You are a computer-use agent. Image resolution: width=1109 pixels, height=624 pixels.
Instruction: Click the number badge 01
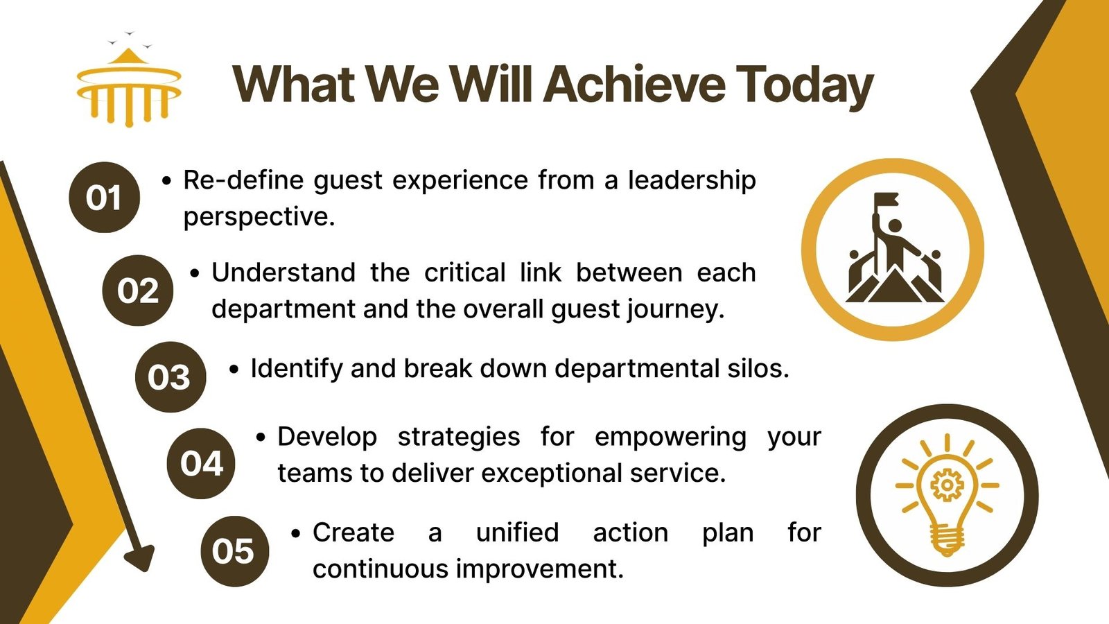[104, 197]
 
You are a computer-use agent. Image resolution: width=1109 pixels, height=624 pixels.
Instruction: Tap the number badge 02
[138, 291]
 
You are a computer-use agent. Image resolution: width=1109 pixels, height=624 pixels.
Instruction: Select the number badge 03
[171, 377]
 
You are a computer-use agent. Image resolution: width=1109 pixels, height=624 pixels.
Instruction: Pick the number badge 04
[201, 464]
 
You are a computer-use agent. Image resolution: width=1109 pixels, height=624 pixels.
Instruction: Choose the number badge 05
[235, 551]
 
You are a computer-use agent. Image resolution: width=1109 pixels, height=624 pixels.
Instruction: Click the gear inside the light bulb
[947, 485]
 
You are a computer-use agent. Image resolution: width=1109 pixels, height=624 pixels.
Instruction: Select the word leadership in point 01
[692, 180]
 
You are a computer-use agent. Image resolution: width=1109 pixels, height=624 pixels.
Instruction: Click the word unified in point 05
[517, 532]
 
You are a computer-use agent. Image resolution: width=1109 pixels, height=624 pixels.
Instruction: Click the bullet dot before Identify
[234, 370]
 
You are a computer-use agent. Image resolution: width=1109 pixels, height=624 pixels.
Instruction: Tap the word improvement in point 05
[539, 569]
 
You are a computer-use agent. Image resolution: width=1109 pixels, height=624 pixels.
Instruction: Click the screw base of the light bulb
[947, 539]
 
